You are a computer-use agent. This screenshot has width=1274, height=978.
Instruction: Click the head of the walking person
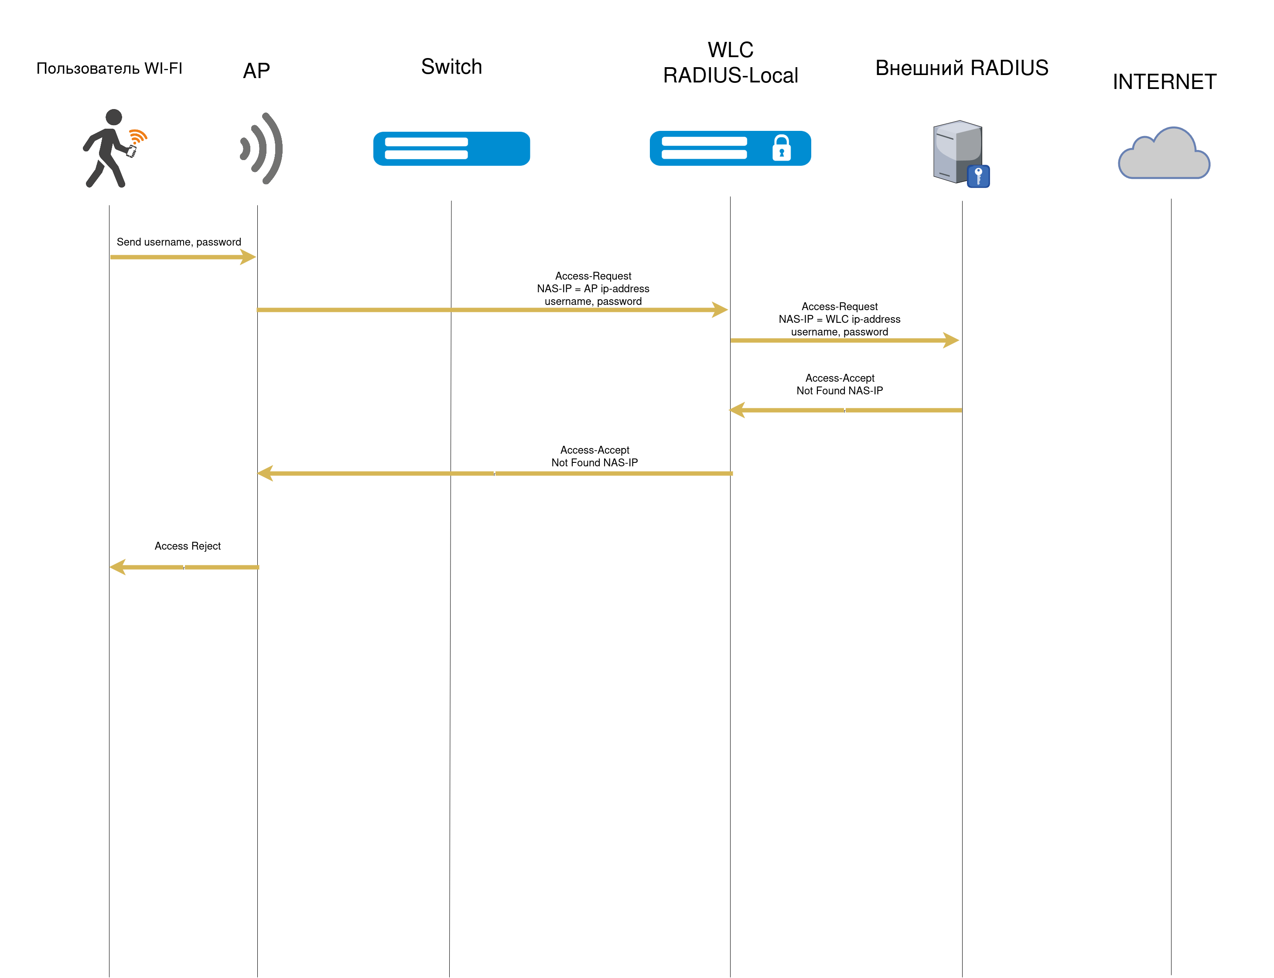point(113,117)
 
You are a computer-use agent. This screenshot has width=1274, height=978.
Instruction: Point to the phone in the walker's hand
point(132,152)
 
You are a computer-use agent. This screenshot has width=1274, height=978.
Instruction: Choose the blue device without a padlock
point(451,148)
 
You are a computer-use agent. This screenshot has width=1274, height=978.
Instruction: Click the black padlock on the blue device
point(781,148)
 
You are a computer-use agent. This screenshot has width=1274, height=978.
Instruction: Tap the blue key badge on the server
point(978,176)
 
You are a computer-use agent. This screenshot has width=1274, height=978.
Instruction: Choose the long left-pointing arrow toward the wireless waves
point(495,473)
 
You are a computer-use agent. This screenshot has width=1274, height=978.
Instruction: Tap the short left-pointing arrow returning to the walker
point(186,567)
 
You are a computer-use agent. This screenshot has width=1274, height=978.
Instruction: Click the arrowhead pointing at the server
point(951,340)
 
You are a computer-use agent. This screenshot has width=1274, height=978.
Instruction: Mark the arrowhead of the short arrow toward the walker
point(118,567)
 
